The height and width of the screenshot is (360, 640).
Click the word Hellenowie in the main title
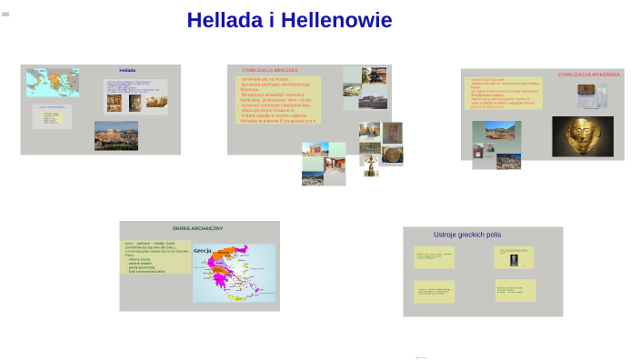pyautogui.click(x=336, y=20)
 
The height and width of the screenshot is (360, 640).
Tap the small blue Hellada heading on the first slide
pyautogui.click(x=127, y=70)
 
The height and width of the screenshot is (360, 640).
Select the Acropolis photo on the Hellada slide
pyautogui.click(x=116, y=135)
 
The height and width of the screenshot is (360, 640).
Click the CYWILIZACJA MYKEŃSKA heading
pyautogui.click(x=588, y=75)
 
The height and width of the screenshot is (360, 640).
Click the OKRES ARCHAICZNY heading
pyautogui.click(x=198, y=228)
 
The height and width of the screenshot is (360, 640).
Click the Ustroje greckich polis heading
pyautogui.click(x=467, y=235)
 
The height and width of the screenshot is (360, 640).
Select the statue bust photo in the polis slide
pyautogui.click(x=513, y=261)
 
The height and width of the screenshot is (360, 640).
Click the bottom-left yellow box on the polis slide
pyautogui.click(x=434, y=291)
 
